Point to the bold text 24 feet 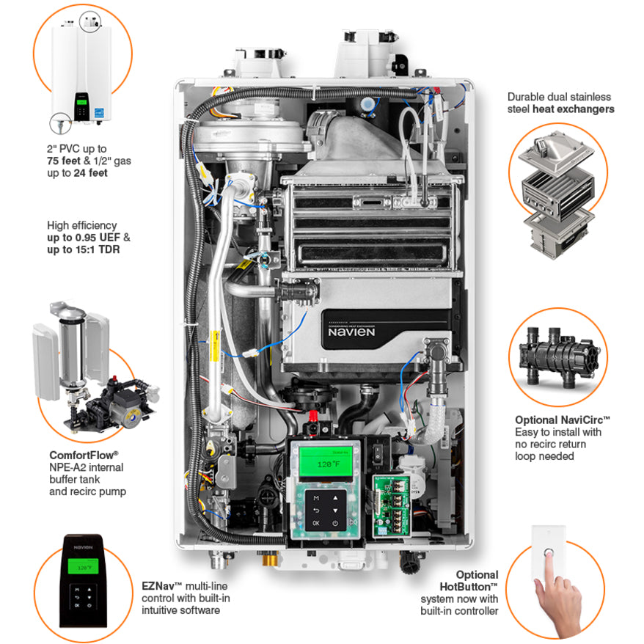coord(90,174)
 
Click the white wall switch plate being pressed coord(547,552)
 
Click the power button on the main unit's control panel coord(335,523)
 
